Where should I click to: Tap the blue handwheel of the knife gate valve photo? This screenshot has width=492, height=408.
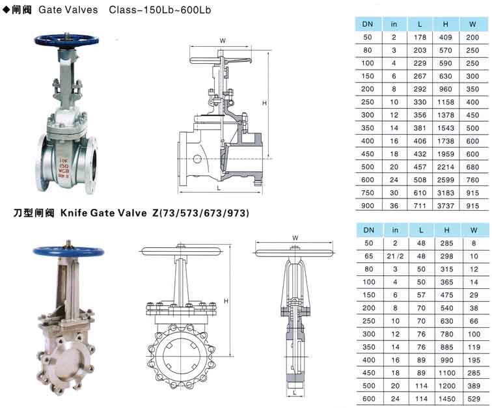(x=68, y=251)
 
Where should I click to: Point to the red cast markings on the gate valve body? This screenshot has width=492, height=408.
(x=64, y=168)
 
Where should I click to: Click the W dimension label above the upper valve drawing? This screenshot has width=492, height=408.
(x=223, y=40)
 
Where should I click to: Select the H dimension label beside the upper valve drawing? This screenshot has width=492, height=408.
(x=264, y=103)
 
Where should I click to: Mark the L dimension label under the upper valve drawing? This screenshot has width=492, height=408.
(x=219, y=188)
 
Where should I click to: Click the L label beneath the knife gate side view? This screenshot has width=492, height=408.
(x=294, y=392)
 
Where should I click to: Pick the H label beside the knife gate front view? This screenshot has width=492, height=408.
(x=226, y=301)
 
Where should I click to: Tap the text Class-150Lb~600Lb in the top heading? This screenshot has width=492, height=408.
(x=159, y=10)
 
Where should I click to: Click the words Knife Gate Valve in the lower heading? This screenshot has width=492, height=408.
(x=103, y=213)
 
